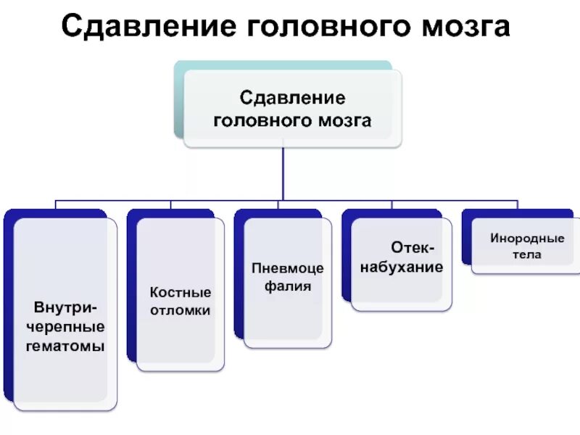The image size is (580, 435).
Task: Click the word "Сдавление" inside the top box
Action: point(291,97)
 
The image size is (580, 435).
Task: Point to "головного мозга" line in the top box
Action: point(291,120)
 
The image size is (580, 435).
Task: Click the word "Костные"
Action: point(181,292)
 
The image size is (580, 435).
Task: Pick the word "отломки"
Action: point(181,310)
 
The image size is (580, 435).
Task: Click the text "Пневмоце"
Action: point(287,268)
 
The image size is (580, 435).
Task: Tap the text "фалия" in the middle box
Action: point(287,286)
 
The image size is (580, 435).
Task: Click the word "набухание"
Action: point(410,267)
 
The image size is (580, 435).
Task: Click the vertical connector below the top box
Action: point(283,174)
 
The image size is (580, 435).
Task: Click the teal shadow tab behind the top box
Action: point(178,101)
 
